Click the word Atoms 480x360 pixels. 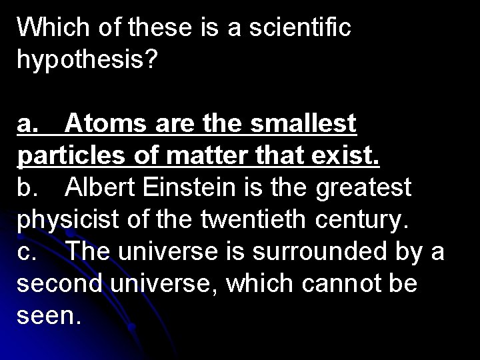click(x=107, y=123)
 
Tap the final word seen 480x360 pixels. click(x=51, y=317)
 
